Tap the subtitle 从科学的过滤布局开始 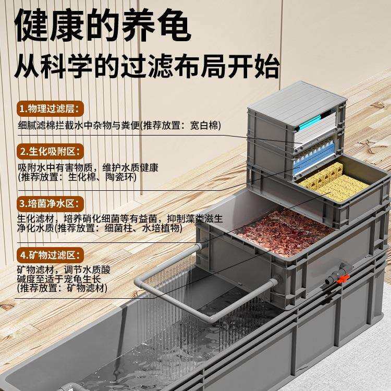147,66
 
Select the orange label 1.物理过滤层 49,109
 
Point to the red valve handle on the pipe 342,279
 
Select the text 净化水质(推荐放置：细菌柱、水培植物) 100,228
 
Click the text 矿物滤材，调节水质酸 65,270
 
